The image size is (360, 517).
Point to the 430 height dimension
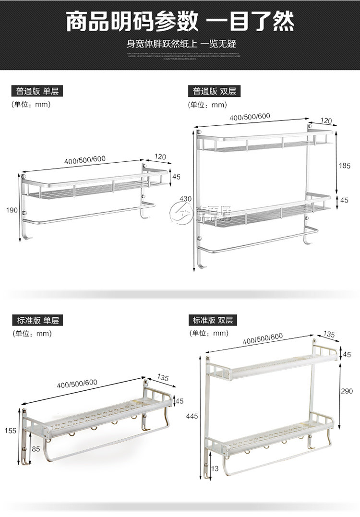click(186, 199)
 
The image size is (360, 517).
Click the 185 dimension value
click(345, 165)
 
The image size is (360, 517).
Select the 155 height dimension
click(10, 431)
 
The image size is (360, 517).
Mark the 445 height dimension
click(193, 417)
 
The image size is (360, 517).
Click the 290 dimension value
click(347, 391)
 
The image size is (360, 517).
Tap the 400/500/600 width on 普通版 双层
click(250, 117)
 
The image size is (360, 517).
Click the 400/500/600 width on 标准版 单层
click(77, 383)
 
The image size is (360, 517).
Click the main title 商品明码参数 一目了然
click(180, 22)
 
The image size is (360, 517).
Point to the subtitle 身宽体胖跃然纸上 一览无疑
click(180, 44)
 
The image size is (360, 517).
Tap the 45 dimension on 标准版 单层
click(180, 401)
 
